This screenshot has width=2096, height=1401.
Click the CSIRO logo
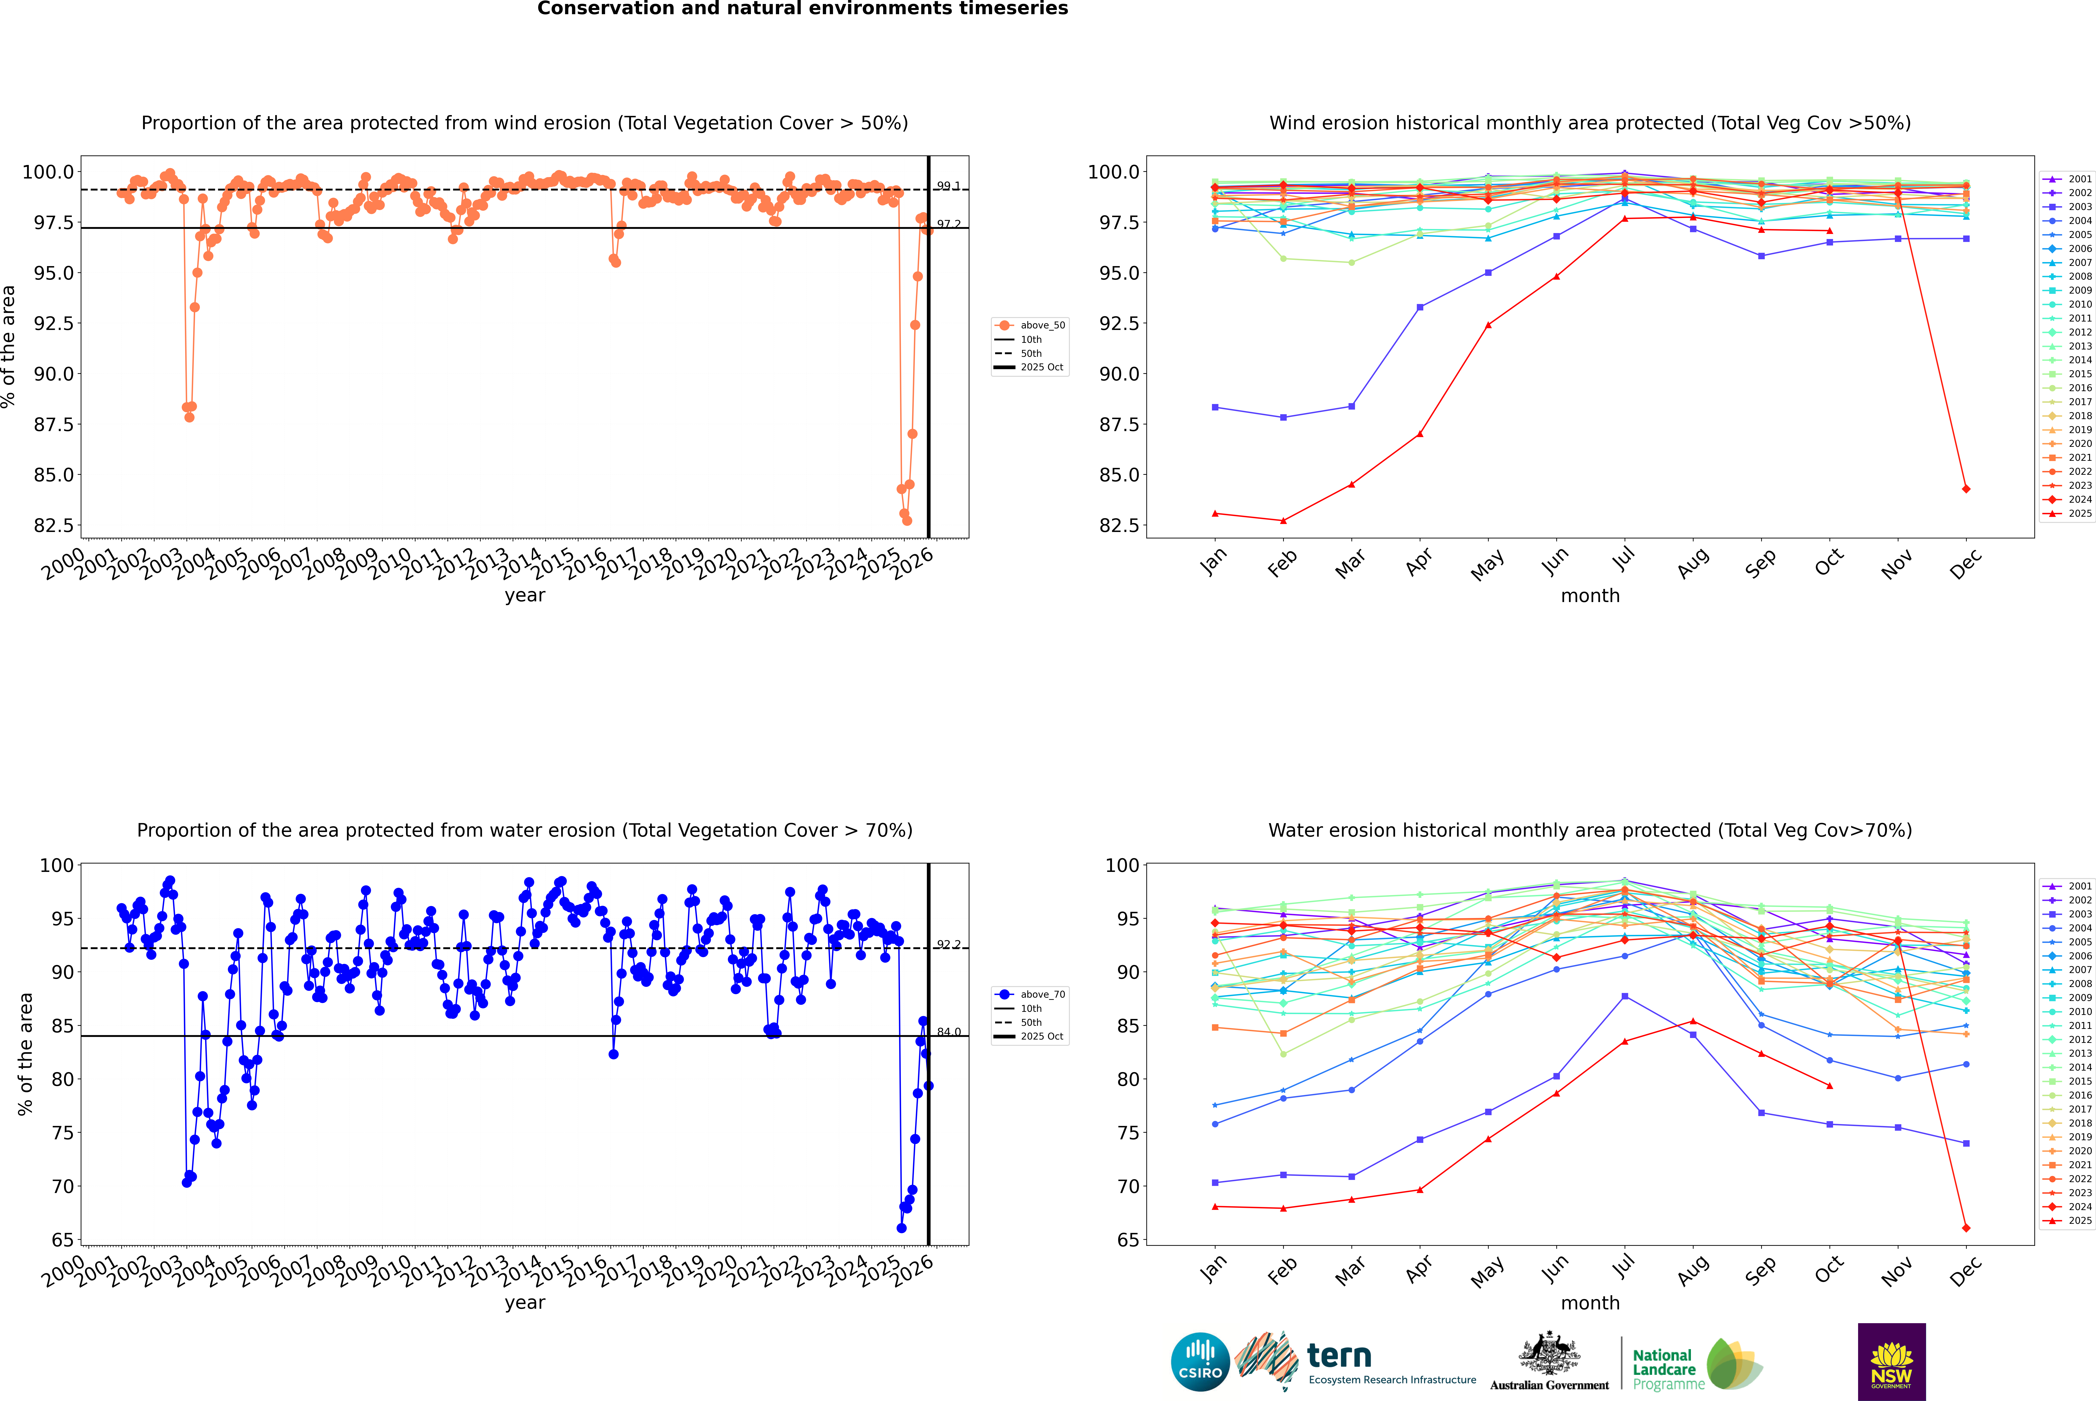[1200, 1362]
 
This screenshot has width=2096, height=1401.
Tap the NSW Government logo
[1891, 1362]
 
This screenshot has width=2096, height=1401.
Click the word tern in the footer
[1338, 1356]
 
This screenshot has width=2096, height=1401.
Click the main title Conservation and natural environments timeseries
[802, 9]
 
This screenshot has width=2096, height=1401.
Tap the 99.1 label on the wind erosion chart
[948, 186]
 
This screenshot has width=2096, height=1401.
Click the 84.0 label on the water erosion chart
[948, 1032]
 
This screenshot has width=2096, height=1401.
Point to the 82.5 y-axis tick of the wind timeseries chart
[54, 525]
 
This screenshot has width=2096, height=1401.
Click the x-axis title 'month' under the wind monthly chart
[1589, 596]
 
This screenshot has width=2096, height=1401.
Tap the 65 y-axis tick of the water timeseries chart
[63, 1240]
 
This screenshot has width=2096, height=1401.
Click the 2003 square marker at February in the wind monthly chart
[1283, 417]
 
